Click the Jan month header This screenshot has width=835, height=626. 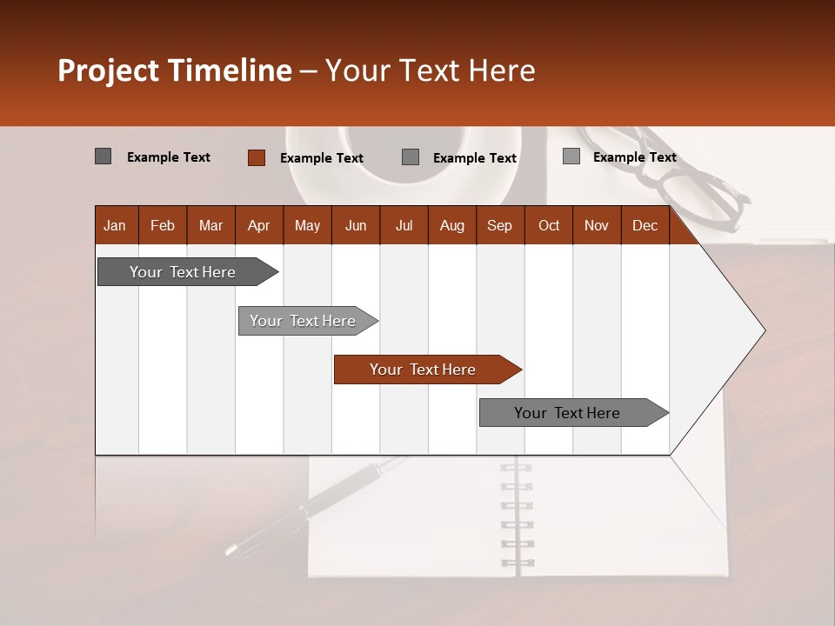coord(115,225)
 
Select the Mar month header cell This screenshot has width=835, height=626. coord(210,225)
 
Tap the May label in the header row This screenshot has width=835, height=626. coord(307,225)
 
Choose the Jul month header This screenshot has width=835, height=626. coord(404,225)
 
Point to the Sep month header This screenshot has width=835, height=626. coord(499,225)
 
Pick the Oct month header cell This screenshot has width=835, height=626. coord(549,225)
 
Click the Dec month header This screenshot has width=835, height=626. coord(645,225)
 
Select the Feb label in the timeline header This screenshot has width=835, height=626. coord(163,225)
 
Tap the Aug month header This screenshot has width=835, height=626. coord(451,225)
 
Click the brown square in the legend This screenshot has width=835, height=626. coord(256,157)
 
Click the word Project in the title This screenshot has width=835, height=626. coord(109,70)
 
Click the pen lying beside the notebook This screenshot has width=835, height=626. coord(313,504)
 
